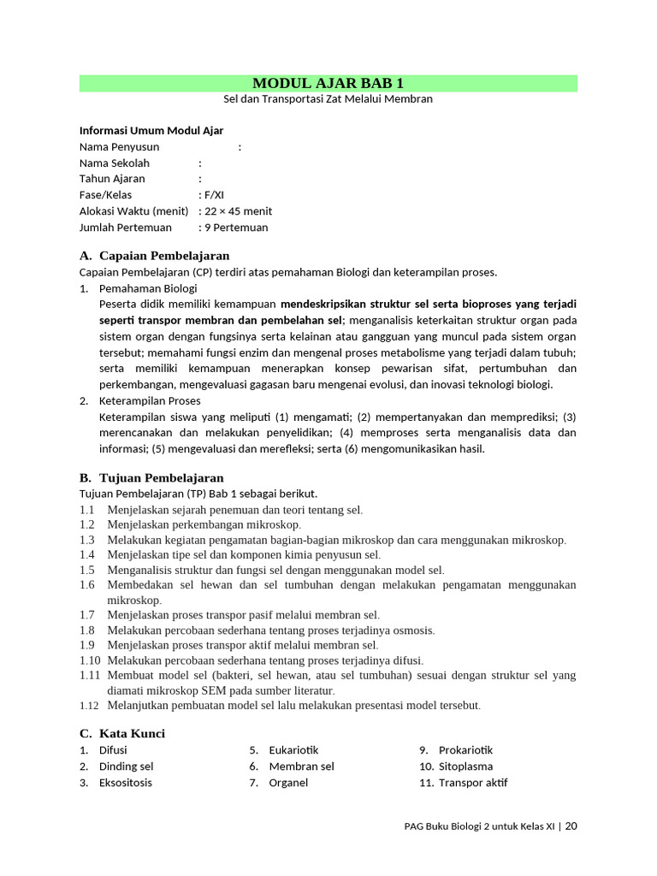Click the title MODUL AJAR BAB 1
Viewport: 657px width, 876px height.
click(328, 83)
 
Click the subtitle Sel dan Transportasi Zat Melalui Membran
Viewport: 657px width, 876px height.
click(328, 99)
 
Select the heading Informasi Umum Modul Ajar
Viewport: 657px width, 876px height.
click(151, 131)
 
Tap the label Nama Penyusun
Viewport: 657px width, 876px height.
click(119, 147)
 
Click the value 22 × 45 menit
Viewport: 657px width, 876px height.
click(238, 211)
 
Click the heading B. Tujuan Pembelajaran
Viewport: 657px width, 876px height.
click(151, 478)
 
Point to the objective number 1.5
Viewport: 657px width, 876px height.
click(87, 570)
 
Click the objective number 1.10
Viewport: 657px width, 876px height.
click(90, 660)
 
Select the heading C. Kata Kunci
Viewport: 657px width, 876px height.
click(122, 734)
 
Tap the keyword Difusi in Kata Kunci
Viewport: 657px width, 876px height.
click(113, 750)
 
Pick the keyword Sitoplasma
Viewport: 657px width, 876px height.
click(465, 766)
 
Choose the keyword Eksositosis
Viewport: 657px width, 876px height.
click(125, 783)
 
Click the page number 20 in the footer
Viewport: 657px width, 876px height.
click(571, 826)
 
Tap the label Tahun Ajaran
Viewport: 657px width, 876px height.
click(112, 179)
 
